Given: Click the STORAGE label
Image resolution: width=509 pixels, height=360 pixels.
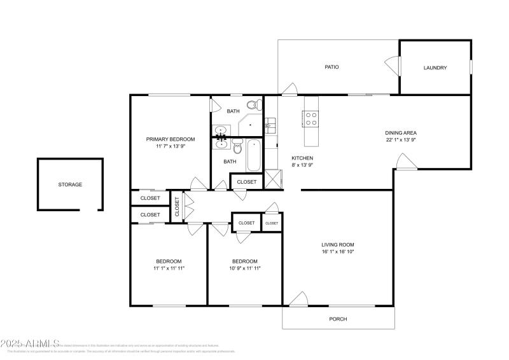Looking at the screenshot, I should tap(70, 184).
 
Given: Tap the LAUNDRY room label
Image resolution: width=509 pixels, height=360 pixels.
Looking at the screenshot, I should tap(435, 68).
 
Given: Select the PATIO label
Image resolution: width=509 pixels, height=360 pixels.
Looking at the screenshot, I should tap(331, 67).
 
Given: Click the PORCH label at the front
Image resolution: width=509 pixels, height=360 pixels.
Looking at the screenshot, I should tap(338, 319).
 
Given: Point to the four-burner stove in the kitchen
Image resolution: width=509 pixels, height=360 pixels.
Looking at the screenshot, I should tap(312, 118).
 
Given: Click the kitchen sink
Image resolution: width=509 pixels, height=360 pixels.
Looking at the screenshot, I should tap(269, 125).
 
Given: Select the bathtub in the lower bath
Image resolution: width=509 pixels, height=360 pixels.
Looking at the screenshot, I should tap(254, 155).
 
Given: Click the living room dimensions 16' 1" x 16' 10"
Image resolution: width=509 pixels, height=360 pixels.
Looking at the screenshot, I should tap(337, 252).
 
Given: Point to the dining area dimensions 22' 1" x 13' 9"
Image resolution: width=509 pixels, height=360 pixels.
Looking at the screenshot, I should tap(401, 140).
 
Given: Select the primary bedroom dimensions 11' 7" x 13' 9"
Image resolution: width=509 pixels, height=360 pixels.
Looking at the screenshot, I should tap(171, 146).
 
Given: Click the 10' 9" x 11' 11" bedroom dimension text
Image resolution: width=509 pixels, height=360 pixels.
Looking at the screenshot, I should tap(244, 268).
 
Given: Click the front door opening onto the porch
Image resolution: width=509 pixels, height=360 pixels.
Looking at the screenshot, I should tap(297, 300).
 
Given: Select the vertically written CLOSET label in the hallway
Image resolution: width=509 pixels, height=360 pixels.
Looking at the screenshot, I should tap(177, 205).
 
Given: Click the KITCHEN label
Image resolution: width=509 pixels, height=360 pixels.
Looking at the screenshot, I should tap(302, 158).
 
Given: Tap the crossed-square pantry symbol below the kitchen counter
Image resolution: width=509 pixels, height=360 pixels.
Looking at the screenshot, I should tap(272, 177).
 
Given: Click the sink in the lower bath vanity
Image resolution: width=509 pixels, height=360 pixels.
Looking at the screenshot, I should tap(221, 144).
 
